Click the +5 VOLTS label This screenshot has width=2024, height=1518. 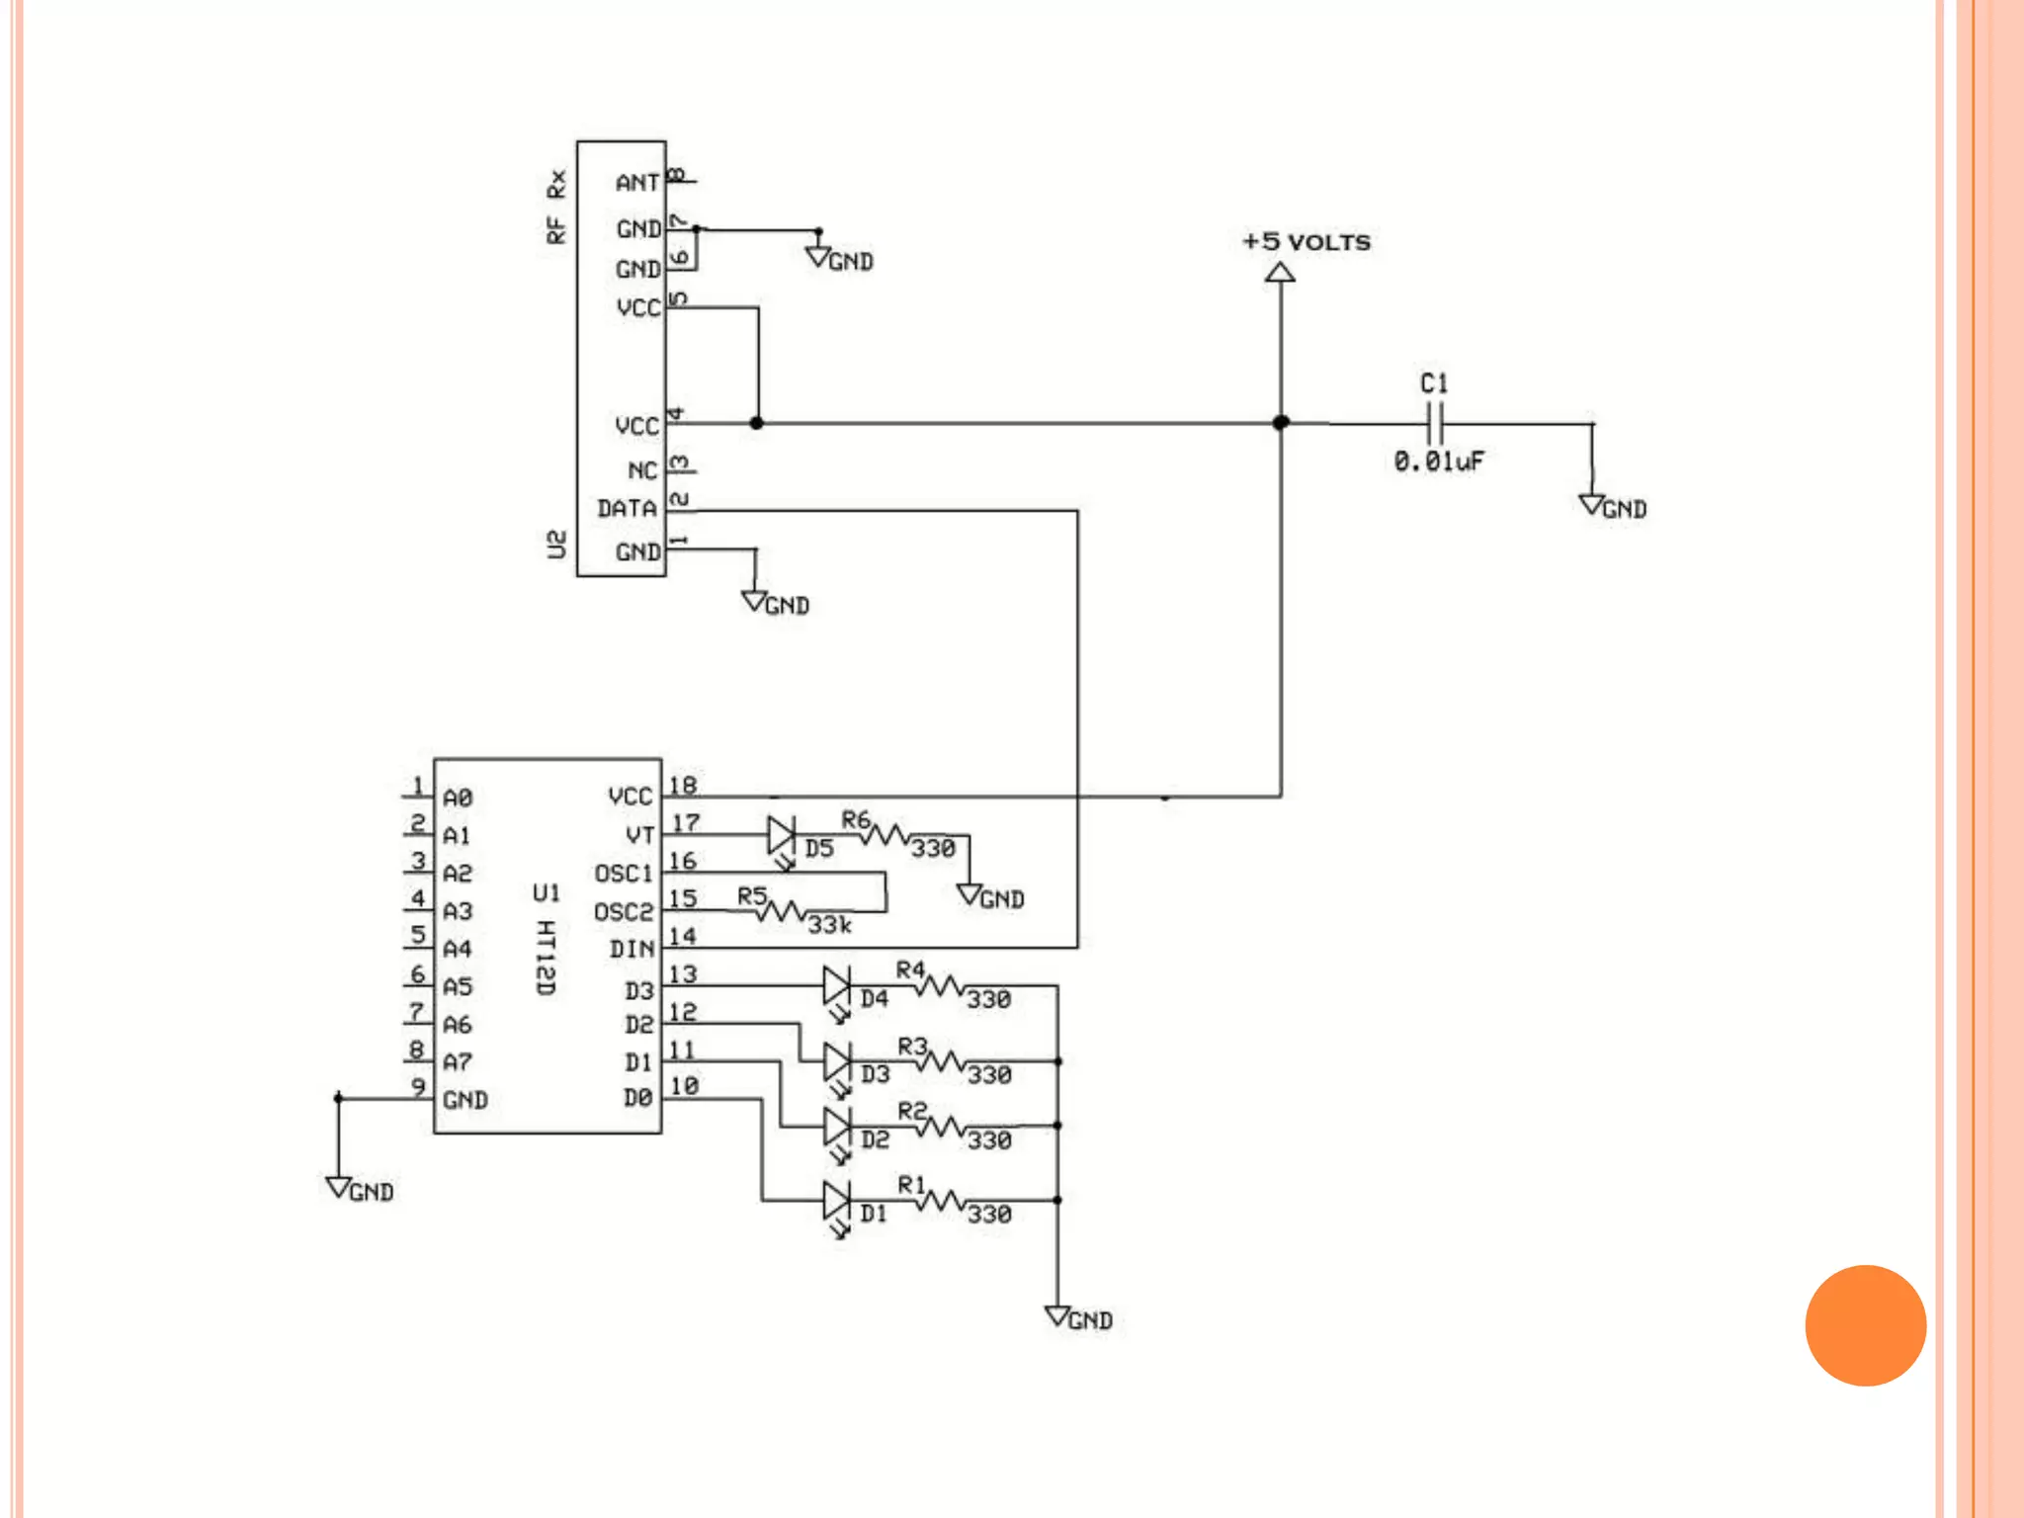tap(1306, 242)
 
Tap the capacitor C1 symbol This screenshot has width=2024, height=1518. tap(1435, 424)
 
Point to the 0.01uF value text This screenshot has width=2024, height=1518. tap(1439, 462)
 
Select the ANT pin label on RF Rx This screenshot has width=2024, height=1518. tap(636, 183)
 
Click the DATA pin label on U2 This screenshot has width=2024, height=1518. tap(627, 509)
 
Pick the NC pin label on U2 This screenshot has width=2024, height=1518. tap(641, 471)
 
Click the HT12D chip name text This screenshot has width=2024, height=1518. tap(546, 958)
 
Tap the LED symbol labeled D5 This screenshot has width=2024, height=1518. tap(781, 836)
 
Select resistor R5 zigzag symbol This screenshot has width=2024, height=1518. tap(781, 910)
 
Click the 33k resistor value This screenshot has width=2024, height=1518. tap(829, 926)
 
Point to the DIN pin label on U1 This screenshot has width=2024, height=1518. tap(632, 950)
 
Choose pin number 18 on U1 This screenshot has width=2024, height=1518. tap(683, 786)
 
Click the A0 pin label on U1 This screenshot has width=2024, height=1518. tap(458, 798)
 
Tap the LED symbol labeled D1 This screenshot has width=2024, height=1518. tap(837, 1201)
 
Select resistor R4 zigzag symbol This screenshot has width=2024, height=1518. tap(937, 986)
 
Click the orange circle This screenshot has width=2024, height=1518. tap(1865, 1325)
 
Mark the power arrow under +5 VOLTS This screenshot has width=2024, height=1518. tap(1280, 273)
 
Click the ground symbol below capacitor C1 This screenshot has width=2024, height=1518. tap(1591, 504)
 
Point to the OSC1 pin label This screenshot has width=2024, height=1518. tap(624, 875)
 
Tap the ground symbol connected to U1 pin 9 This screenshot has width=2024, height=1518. tap(338, 1187)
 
